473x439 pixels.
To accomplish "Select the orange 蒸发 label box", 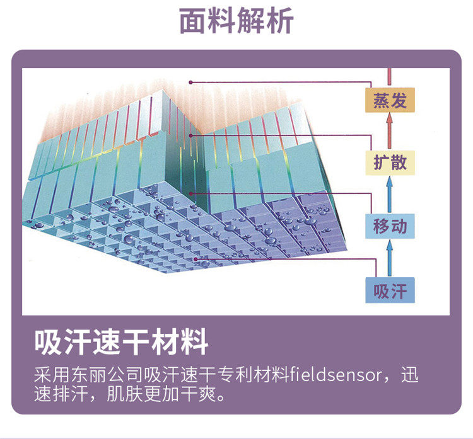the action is [x=390, y=101].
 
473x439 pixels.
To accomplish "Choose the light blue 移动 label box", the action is [x=390, y=225].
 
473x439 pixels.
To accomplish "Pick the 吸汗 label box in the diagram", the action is [x=390, y=291].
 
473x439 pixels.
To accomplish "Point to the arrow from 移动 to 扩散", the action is [x=390, y=194].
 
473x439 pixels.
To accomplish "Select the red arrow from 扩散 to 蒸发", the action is [x=390, y=132].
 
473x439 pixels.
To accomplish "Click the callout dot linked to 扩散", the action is [x=190, y=135].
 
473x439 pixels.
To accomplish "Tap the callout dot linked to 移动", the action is [x=190, y=193].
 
